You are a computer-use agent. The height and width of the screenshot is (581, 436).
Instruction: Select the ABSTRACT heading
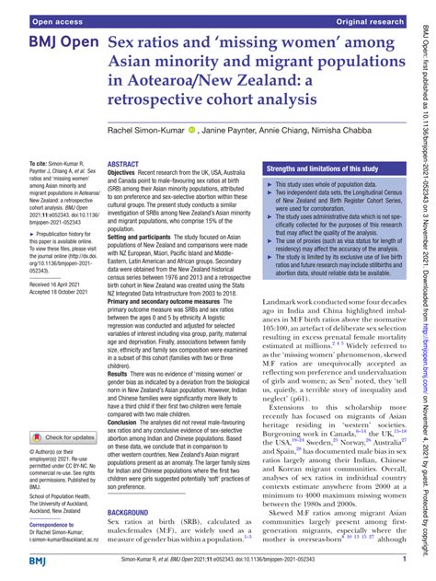click(x=124, y=163)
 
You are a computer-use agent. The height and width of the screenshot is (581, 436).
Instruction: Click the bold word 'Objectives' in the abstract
click(x=127, y=172)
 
